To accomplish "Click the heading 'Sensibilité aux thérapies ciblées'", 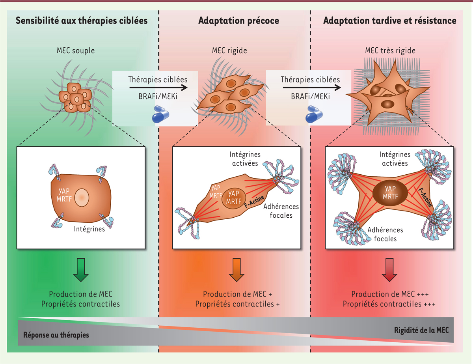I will tap(82, 21).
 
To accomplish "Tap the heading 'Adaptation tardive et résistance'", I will tap(390, 21).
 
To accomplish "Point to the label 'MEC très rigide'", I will tap(389, 51).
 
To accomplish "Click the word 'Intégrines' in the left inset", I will tap(89, 228).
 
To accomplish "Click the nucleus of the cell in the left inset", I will tap(82, 197).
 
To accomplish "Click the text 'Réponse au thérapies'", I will tap(56, 335).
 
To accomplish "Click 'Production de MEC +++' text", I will tap(390, 295).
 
